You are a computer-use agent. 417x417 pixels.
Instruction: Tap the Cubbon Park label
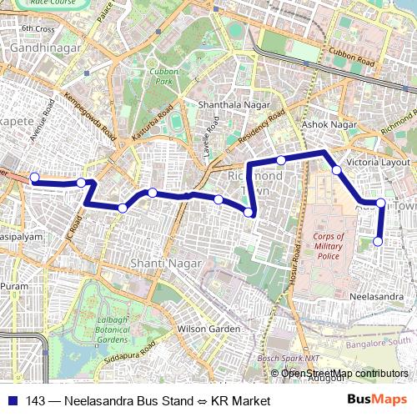tap(160, 77)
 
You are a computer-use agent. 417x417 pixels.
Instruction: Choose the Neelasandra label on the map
tap(378, 296)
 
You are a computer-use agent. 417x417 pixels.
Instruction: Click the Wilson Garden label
tap(208, 329)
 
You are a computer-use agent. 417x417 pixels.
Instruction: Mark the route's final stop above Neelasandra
tap(378, 242)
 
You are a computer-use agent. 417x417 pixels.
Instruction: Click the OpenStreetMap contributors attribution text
tap(344, 373)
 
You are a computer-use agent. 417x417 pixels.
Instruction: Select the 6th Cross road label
tap(38, 29)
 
